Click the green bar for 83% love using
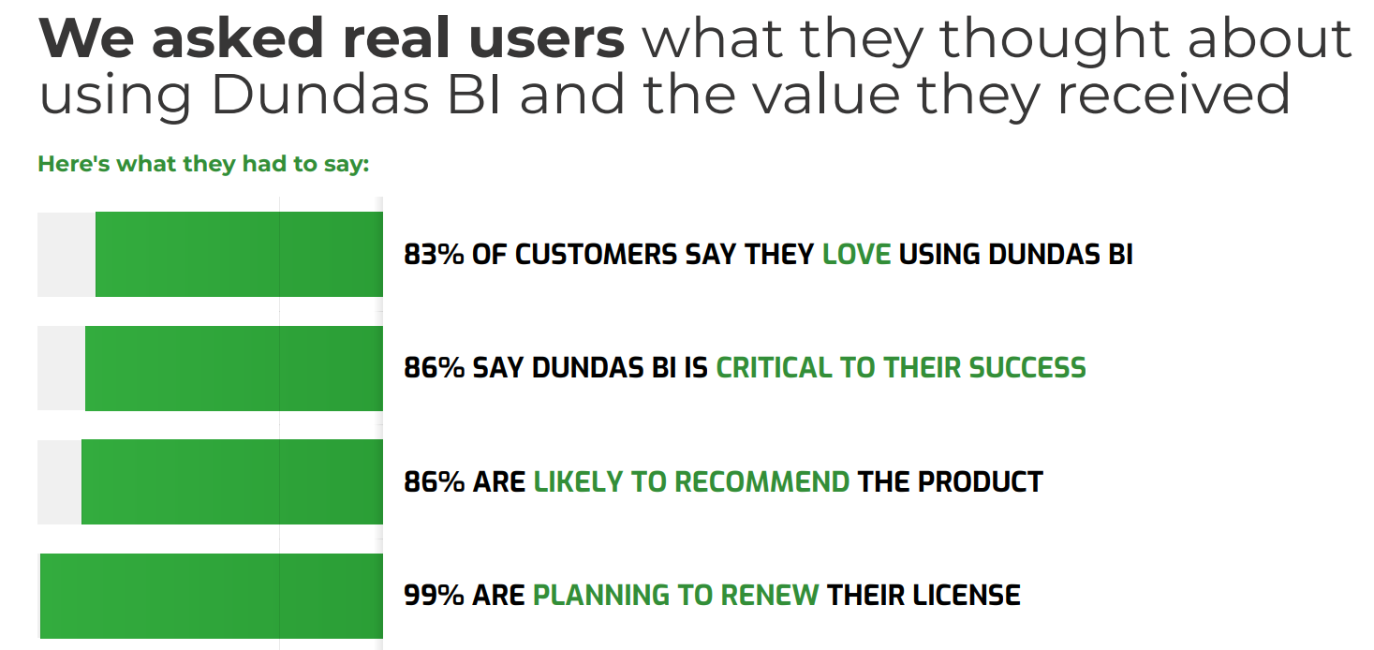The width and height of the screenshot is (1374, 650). pos(239,255)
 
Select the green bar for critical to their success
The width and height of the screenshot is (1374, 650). pos(234,368)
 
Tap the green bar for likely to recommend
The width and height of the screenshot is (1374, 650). pos(232,482)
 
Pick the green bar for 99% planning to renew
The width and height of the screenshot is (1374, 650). pos(212,596)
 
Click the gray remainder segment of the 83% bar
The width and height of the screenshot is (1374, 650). pos(66,255)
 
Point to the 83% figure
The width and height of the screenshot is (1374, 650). pos(434,255)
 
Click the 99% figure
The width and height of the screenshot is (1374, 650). pos(434,596)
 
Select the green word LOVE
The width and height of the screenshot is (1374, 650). pos(856,255)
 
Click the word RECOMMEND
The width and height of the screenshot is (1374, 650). pos(761,482)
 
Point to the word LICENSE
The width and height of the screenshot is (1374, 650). pos(966,596)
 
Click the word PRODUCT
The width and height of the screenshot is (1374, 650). pos(981,482)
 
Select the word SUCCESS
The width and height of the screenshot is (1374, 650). pos(1027,368)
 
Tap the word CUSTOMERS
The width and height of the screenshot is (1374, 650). pos(596,255)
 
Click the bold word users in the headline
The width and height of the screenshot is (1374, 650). pos(547,39)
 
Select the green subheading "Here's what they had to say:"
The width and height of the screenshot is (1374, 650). pos(203,164)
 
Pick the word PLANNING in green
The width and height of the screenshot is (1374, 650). pos(600,596)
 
